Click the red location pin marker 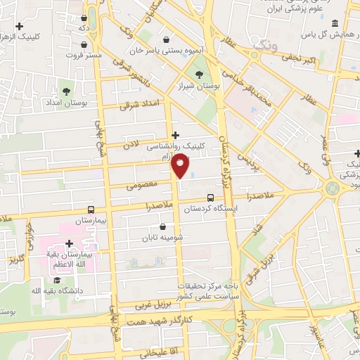tap(181, 166)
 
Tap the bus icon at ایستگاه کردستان tap(211, 198)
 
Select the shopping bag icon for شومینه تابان tap(163, 227)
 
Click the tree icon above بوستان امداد tap(67, 91)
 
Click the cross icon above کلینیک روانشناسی tap(175, 135)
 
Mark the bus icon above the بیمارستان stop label tap(90, 210)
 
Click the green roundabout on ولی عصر tap(332, 188)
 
